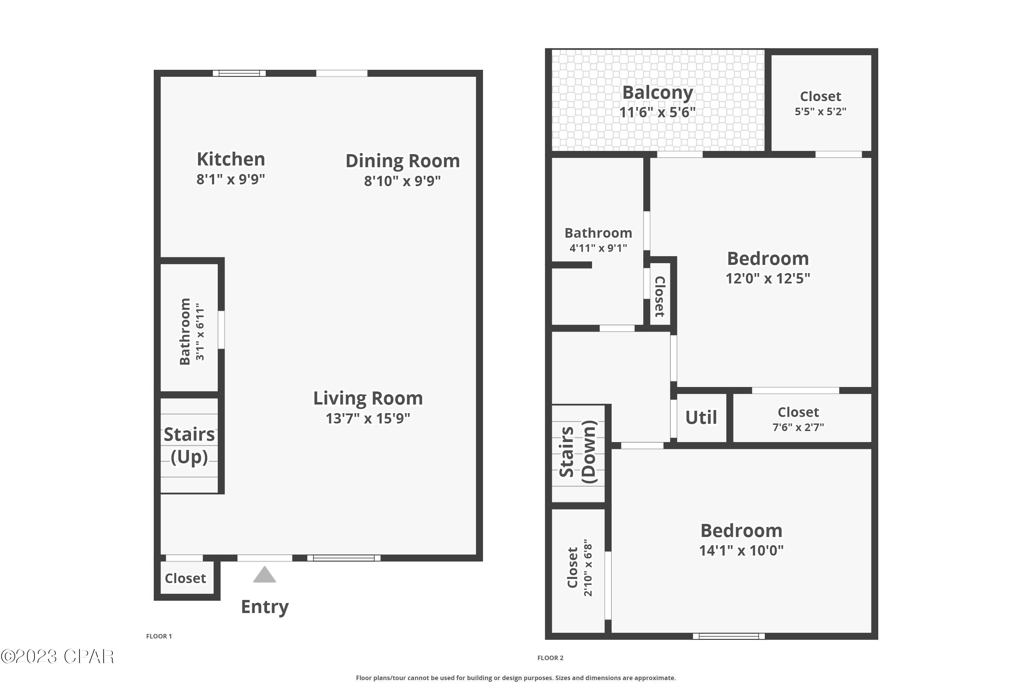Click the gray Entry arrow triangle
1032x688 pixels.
(265, 575)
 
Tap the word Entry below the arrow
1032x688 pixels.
(265, 607)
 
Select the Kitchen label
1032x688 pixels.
(231, 159)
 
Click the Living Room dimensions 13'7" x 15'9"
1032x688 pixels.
(368, 419)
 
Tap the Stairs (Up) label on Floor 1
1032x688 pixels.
(189, 445)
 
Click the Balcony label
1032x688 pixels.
(657, 93)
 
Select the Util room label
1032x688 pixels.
(701, 417)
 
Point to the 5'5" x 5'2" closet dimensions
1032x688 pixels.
(820, 111)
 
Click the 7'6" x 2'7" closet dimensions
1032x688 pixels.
(798, 427)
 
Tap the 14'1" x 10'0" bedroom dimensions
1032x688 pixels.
(741, 550)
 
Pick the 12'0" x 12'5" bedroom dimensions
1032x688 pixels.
(768, 278)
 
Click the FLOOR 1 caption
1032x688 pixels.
(159, 636)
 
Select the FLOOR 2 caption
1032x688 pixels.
(550, 658)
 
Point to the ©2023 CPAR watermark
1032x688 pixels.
(57, 657)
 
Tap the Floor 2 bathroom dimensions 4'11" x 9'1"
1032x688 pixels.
(598, 248)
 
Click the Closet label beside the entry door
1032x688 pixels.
(185, 578)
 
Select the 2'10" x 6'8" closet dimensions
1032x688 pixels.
(588, 570)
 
